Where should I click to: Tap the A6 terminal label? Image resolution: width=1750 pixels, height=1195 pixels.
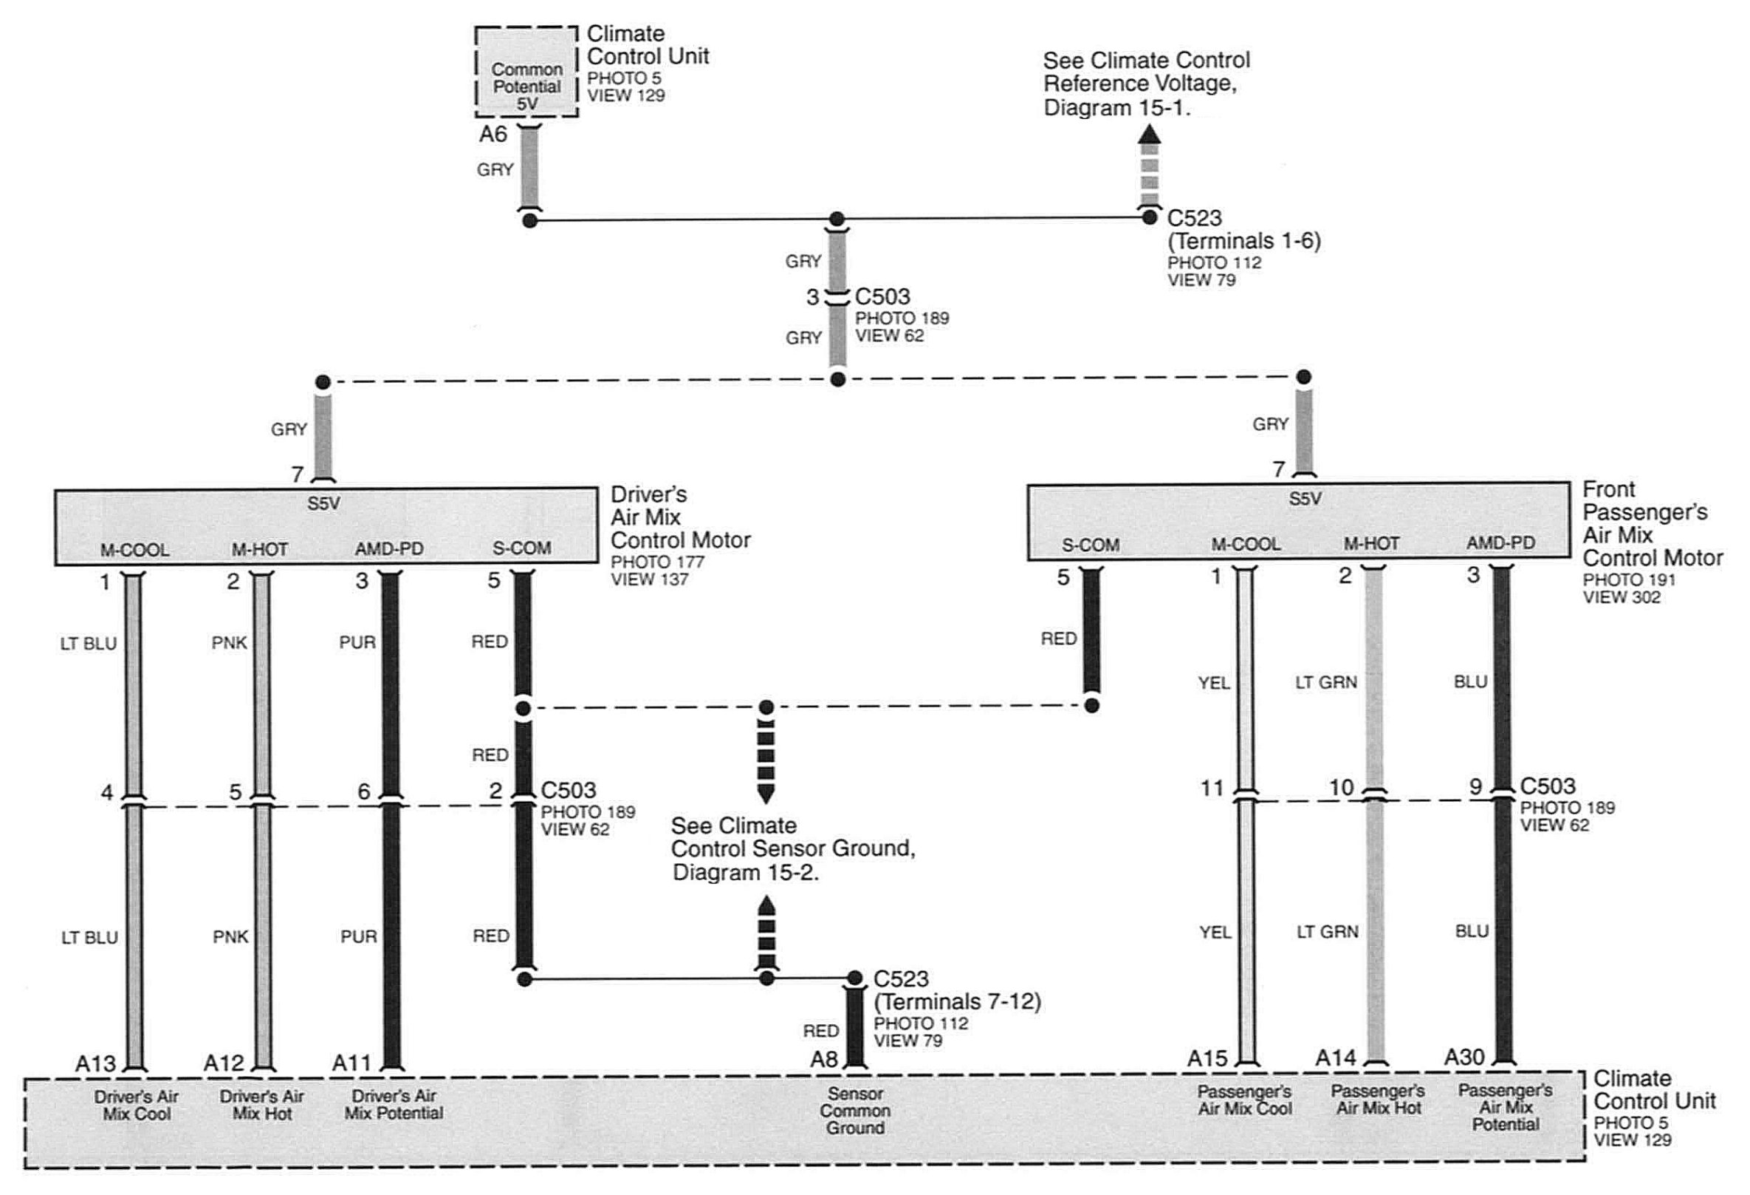coord(493,134)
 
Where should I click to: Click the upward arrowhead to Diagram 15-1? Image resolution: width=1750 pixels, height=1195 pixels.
coord(1148,134)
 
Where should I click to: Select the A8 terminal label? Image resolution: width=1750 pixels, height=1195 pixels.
coord(825,1059)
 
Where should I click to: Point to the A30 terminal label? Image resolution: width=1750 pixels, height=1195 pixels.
coord(1464,1058)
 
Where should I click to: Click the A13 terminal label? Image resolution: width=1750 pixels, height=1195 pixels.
coord(96,1063)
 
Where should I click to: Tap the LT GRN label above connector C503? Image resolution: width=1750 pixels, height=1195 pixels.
coord(1326,683)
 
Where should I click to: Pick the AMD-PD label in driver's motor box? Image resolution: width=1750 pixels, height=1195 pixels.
coord(389,549)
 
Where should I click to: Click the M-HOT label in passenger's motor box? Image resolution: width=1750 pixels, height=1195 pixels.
coord(1371,543)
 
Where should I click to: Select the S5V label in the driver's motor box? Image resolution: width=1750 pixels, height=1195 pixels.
coord(324,503)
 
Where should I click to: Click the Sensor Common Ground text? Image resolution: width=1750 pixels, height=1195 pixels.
coord(854,1111)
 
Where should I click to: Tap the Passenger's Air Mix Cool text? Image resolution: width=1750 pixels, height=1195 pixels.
coord(1245,1100)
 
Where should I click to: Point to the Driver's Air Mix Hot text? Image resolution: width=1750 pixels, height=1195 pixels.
coord(261,1105)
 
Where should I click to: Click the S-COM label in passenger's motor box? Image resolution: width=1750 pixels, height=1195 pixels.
coord(1091,545)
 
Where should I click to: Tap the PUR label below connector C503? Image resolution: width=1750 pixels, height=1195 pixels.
coord(357,936)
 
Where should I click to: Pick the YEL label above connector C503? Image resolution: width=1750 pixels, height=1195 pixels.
coord(1214,684)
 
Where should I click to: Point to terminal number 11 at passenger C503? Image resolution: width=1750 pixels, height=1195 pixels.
coord(1212,788)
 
